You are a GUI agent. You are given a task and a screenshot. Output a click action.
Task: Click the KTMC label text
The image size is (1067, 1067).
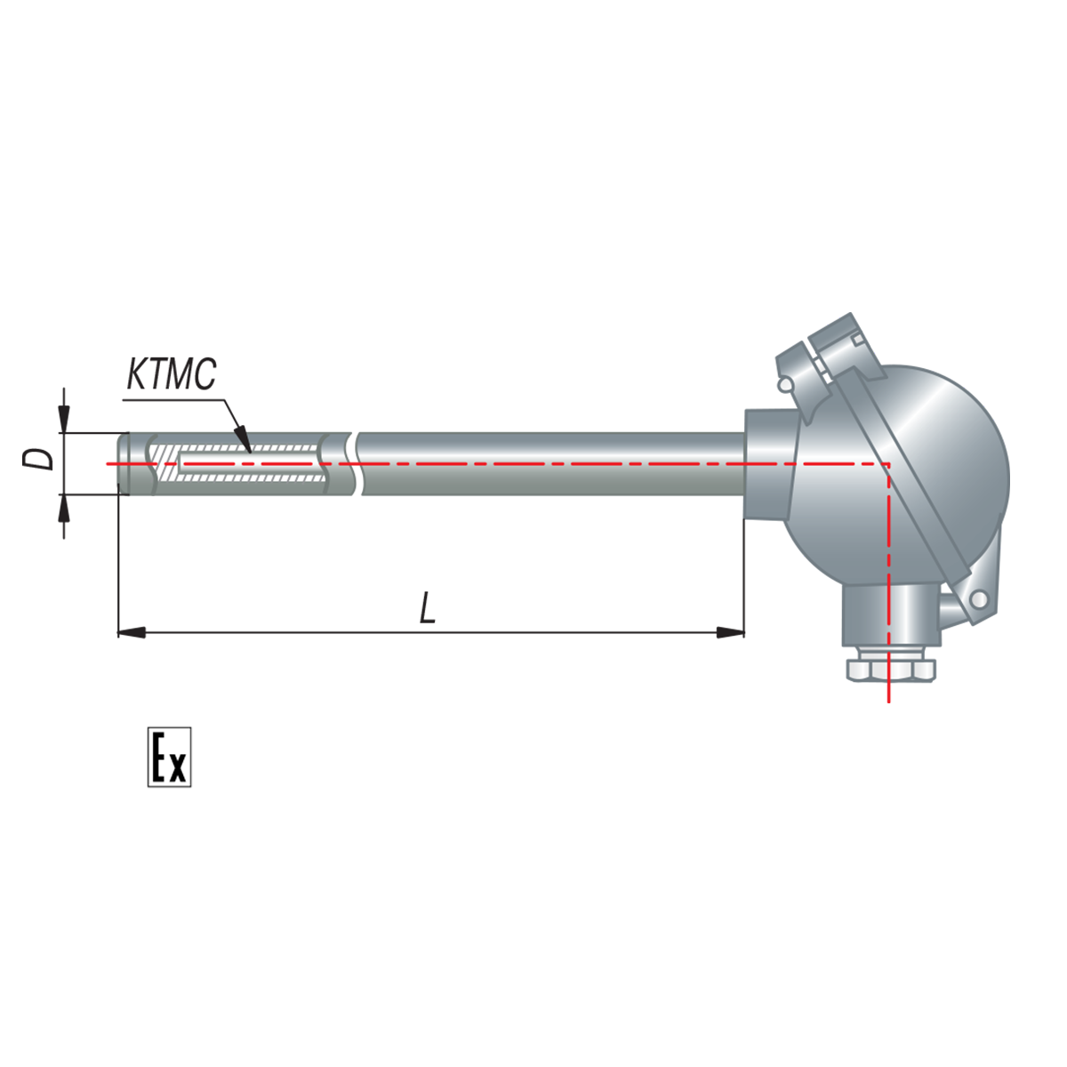pyautogui.click(x=171, y=373)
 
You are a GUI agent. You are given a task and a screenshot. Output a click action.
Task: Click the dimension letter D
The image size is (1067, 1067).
pyautogui.click(x=39, y=459)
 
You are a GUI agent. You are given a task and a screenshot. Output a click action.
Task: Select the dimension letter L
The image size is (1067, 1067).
pyautogui.click(x=427, y=607)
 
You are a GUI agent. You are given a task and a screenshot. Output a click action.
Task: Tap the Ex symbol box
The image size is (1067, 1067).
pyautogui.click(x=170, y=757)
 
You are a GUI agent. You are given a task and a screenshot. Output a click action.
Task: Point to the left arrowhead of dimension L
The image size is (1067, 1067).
pyautogui.click(x=132, y=632)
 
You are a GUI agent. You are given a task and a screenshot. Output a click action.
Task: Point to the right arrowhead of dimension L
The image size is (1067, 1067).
pyautogui.click(x=730, y=632)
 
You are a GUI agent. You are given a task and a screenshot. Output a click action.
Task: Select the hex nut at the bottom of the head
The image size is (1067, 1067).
pyautogui.click(x=890, y=670)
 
